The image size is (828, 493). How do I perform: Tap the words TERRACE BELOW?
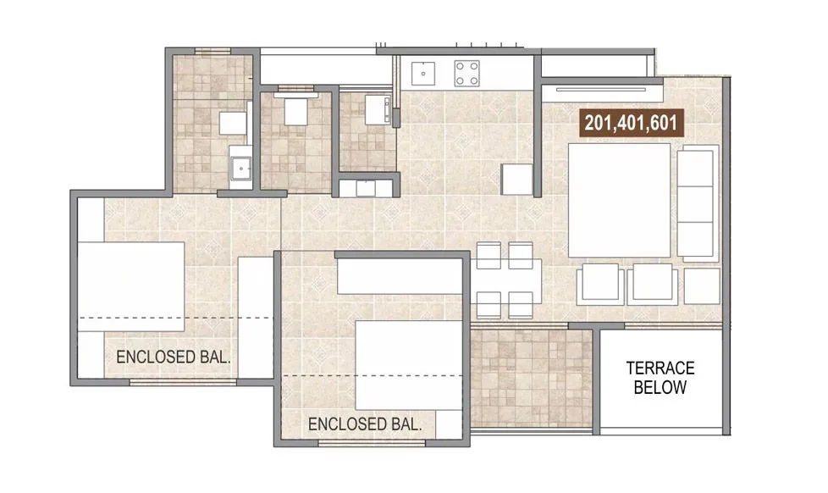[x=660, y=378]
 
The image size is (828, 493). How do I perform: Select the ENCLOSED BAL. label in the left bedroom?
[x=174, y=357]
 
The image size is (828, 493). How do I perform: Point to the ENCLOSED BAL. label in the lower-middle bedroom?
[x=365, y=424]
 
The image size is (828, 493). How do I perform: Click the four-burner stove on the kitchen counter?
[x=466, y=73]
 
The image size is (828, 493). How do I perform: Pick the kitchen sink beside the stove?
[x=422, y=73]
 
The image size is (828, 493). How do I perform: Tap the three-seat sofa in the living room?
[x=698, y=202]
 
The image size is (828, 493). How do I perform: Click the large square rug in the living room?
[x=619, y=202]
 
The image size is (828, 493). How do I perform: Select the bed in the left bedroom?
[x=132, y=286]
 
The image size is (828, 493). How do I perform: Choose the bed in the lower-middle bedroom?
[x=409, y=363]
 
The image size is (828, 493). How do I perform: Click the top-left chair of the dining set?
[x=489, y=255]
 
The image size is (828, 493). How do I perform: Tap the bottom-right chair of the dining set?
[x=521, y=305]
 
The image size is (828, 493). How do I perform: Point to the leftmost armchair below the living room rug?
[x=600, y=285]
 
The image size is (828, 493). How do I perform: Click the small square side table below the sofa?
[x=703, y=285]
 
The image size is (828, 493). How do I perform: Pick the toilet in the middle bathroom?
[x=295, y=111]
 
